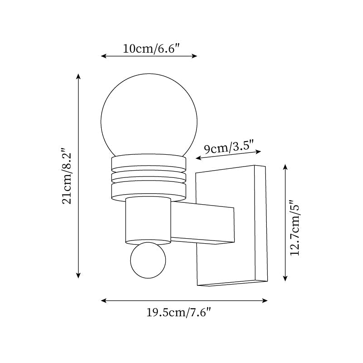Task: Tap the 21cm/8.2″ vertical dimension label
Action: point(67,176)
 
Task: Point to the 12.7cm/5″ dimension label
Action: point(295,228)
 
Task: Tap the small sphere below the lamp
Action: point(148,260)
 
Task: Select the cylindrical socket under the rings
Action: point(148,220)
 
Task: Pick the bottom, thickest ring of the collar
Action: point(148,191)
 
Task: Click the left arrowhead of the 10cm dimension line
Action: point(103,56)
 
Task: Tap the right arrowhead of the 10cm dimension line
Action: point(196,56)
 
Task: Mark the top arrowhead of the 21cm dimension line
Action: point(78,75)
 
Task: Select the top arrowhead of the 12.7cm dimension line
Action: point(285,166)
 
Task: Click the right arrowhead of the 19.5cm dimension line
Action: point(265,300)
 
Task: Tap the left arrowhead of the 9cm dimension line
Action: point(197,158)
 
